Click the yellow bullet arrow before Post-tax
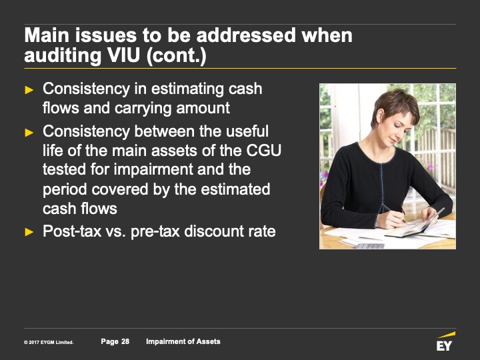(x=29, y=232)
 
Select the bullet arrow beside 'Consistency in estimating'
(x=29, y=90)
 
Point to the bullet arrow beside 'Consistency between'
(x=29, y=132)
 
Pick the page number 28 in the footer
(x=125, y=341)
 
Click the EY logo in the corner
(x=445, y=341)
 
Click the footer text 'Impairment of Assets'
(x=183, y=341)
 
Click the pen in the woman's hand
(x=394, y=213)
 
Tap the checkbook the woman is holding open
(x=417, y=225)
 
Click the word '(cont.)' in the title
(x=176, y=56)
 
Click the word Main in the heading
(x=47, y=35)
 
